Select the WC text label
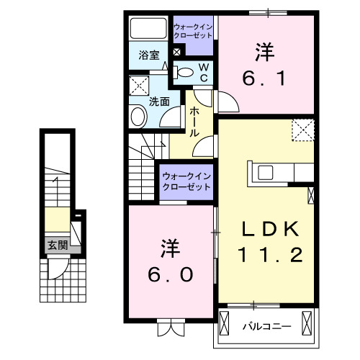click(203, 71)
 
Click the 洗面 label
click(160, 102)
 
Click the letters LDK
click(269, 229)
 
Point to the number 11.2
click(269, 254)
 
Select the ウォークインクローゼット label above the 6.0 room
click(186, 180)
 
